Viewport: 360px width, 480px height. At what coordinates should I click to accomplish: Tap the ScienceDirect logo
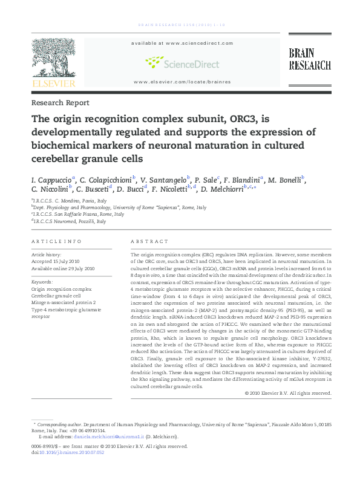(x=182, y=62)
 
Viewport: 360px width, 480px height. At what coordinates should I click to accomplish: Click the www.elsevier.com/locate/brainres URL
(x=182, y=82)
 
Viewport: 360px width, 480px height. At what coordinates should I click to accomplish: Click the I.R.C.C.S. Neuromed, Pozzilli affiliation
(x=69, y=222)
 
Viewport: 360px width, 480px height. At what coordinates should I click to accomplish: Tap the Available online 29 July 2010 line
(x=63, y=268)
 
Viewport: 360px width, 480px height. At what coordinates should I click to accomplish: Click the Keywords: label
(x=42, y=282)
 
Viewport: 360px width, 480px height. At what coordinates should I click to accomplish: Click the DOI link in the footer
(x=73, y=452)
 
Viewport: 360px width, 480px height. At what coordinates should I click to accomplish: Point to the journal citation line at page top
(x=181, y=25)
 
